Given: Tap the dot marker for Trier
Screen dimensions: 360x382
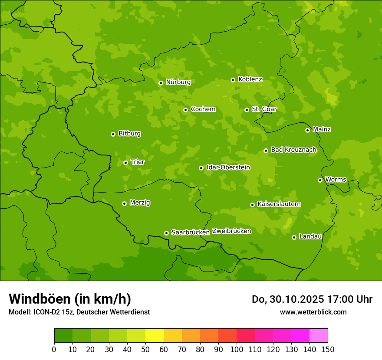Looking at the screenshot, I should click(x=125, y=163).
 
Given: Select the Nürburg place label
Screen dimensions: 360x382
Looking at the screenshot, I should click(x=178, y=82).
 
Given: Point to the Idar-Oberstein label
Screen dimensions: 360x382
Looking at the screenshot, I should click(x=228, y=167).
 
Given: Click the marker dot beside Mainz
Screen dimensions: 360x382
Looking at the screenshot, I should click(x=307, y=130).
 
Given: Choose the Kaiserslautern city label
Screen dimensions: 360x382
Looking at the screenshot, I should click(x=279, y=204).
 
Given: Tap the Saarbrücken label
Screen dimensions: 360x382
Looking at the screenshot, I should click(x=191, y=232).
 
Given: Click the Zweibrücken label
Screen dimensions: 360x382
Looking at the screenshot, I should click(x=232, y=231).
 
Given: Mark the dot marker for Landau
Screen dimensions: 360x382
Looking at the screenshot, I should click(x=294, y=237).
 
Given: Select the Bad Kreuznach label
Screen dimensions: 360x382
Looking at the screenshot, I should click(x=293, y=150).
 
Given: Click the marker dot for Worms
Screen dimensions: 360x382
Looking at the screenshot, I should click(x=320, y=180).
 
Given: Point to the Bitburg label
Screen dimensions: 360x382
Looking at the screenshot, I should click(x=129, y=133).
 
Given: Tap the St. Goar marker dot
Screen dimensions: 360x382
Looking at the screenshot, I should click(x=247, y=110).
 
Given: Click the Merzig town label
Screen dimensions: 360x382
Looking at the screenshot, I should click(x=140, y=203).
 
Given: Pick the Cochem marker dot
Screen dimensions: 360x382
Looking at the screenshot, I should click(x=185, y=110).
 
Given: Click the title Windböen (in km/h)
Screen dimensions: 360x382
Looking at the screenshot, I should click(x=70, y=299).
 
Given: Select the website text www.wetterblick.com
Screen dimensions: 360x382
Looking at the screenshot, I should click(x=313, y=312).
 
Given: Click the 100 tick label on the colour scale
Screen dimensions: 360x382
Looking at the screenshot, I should click(x=237, y=349).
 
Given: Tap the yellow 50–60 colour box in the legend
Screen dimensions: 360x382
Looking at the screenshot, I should click(x=155, y=336).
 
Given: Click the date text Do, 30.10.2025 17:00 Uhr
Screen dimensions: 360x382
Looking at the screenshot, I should click(x=312, y=299).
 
